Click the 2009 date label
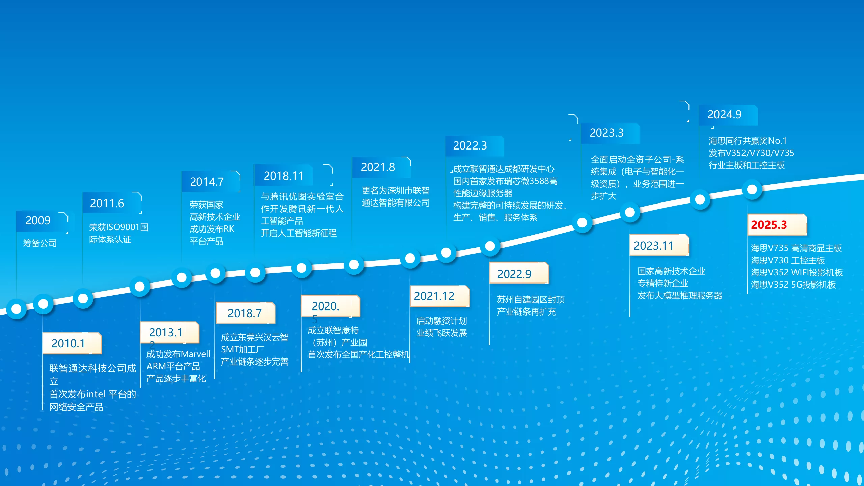38,220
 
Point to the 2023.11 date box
659,245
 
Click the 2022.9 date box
519,273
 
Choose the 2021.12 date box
440,296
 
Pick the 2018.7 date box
245,313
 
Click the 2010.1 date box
72,343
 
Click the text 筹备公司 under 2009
40,243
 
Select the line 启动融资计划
441,321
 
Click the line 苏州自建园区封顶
531,300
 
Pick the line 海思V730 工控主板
788,260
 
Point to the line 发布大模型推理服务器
680,296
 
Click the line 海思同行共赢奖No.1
748,141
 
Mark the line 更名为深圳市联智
396,191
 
